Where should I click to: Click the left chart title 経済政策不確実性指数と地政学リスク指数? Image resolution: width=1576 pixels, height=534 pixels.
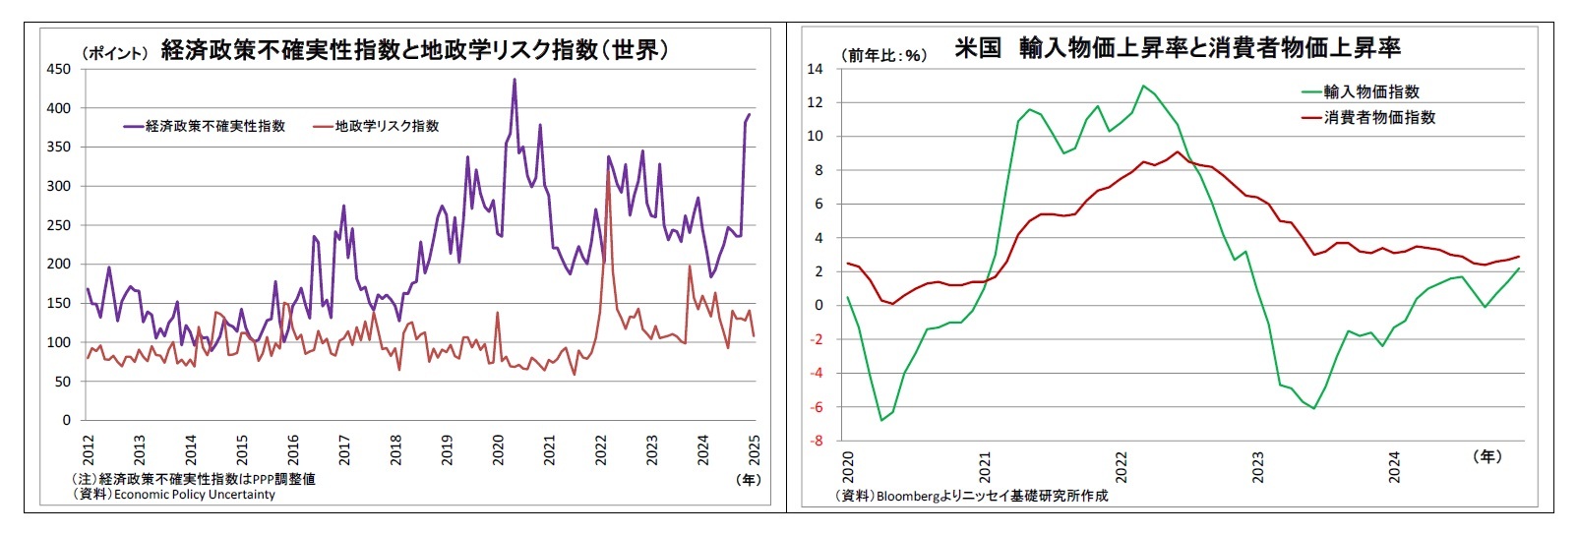[414, 49]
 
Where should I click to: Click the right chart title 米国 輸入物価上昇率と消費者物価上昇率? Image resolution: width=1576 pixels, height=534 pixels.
[1178, 47]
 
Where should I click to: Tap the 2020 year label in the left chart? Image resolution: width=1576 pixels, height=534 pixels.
[498, 450]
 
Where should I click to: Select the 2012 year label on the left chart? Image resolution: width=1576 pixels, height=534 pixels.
[89, 450]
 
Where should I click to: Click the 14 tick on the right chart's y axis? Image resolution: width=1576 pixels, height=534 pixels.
[815, 69]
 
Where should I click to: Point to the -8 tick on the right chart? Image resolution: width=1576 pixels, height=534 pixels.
[816, 441]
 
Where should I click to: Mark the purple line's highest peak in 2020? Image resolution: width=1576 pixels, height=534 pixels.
[514, 80]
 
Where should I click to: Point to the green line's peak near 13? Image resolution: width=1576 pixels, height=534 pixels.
[1142, 86]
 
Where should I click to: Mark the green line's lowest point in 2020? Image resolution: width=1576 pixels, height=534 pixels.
[881, 420]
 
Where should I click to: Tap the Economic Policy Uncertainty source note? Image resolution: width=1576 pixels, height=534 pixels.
[194, 494]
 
